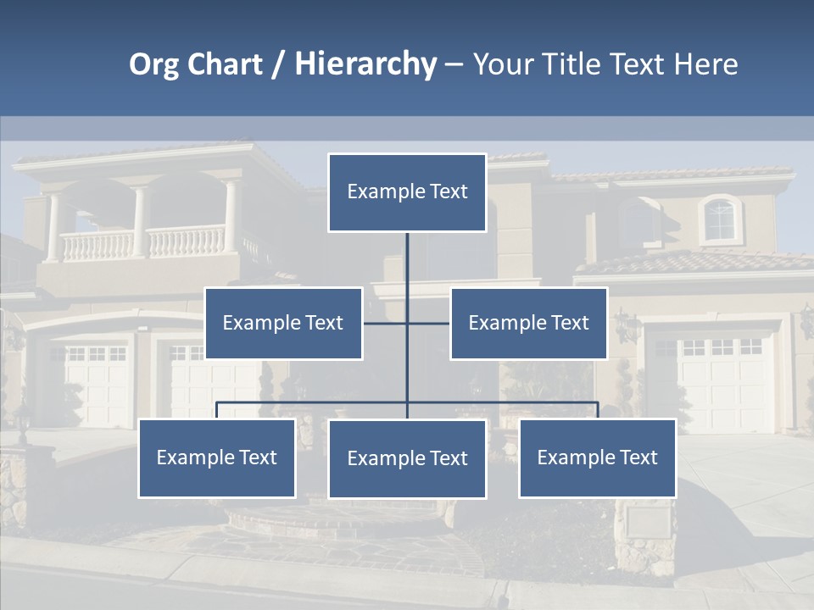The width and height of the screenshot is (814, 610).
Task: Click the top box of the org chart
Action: pyautogui.click(x=407, y=192)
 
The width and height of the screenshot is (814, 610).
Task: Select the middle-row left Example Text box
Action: pyautogui.click(x=283, y=323)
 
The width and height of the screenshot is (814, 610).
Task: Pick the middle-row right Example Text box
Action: pyautogui.click(x=528, y=323)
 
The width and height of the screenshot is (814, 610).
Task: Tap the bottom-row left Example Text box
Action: pyautogui.click(x=217, y=457)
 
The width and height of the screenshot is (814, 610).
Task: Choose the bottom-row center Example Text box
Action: pyautogui.click(x=407, y=458)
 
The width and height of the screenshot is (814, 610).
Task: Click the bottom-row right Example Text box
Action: pyautogui.click(x=597, y=457)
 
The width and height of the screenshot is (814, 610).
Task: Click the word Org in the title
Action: pyautogui.click(x=153, y=64)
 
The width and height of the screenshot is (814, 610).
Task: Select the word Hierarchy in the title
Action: pyautogui.click(x=365, y=64)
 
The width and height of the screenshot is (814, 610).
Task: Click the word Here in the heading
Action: pyautogui.click(x=706, y=64)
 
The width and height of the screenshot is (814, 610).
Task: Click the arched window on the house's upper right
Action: pyautogui.click(x=719, y=219)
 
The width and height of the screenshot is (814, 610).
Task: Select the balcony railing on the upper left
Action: pyautogui.click(x=144, y=243)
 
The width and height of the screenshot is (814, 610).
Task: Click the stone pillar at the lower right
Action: pyautogui.click(x=644, y=534)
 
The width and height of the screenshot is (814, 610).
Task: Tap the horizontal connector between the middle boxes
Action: pyautogui.click(x=407, y=323)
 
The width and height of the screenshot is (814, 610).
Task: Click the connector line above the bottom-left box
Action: pyautogui.click(x=217, y=409)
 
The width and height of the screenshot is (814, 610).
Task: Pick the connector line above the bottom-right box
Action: pyautogui.click(x=597, y=409)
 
